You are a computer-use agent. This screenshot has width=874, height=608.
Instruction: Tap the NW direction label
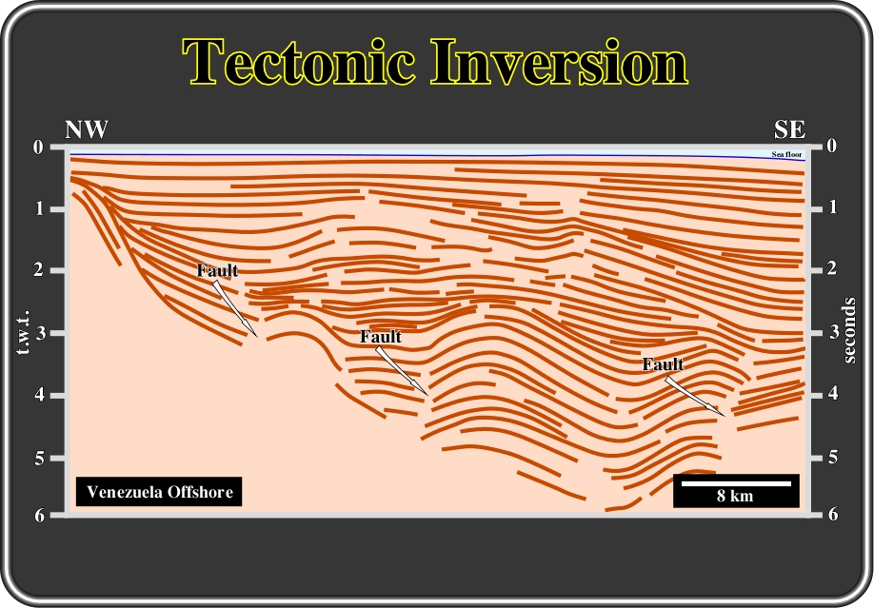click(x=87, y=129)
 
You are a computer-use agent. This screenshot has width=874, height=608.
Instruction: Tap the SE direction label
click(x=789, y=129)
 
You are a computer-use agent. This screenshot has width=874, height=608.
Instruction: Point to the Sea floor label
click(x=786, y=154)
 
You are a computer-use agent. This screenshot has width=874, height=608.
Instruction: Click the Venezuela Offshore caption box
click(x=159, y=492)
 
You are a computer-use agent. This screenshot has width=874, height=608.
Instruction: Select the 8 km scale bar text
click(x=735, y=496)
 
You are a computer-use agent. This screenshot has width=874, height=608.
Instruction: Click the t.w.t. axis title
click(x=23, y=333)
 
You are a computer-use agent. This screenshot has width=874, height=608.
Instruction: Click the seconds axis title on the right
click(x=849, y=330)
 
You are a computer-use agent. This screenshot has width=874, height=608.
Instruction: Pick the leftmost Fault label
click(x=217, y=270)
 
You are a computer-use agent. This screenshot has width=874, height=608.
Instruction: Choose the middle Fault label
click(x=381, y=337)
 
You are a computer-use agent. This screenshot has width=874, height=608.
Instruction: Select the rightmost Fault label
click(x=663, y=364)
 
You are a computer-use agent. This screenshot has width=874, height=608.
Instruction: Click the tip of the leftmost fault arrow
click(x=257, y=336)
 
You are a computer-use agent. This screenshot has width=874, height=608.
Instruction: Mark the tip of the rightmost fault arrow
click(x=725, y=416)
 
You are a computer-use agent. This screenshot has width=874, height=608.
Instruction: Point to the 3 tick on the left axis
click(x=39, y=333)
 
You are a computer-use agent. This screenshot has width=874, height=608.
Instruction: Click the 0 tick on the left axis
click(x=38, y=147)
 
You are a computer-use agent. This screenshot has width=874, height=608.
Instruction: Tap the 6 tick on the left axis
click(x=39, y=516)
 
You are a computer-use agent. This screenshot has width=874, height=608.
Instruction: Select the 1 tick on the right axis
click(x=833, y=207)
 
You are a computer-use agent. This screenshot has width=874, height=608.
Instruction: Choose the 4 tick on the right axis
click(x=833, y=394)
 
